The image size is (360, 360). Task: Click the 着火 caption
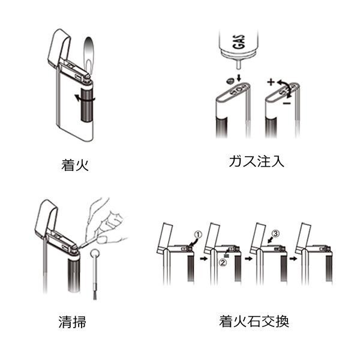[x=75, y=165]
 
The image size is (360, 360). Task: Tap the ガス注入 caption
[x=256, y=161]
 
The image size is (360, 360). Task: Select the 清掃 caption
[x=73, y=322]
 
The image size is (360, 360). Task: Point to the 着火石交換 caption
[x=254, y=321]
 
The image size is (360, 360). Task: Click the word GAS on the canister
[x=238, y=42]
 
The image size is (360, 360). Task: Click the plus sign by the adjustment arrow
[x=271, y=82]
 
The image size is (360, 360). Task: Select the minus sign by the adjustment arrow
[x=287, y=103]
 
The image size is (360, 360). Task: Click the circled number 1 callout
[x=198, y=235]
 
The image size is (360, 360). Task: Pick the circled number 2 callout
[x=223, y=262]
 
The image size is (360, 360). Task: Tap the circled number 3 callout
[x=275, y=233]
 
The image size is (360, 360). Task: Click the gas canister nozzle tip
[x=239, y=68]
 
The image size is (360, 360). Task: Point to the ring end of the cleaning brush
[x=95, y=254]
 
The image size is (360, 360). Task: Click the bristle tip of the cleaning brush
[x=95, y=296]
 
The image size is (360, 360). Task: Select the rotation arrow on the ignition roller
[x=85, y=99]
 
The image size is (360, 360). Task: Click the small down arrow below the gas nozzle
[x=239, y=77]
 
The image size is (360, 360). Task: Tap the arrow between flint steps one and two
[x=203, y=259]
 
